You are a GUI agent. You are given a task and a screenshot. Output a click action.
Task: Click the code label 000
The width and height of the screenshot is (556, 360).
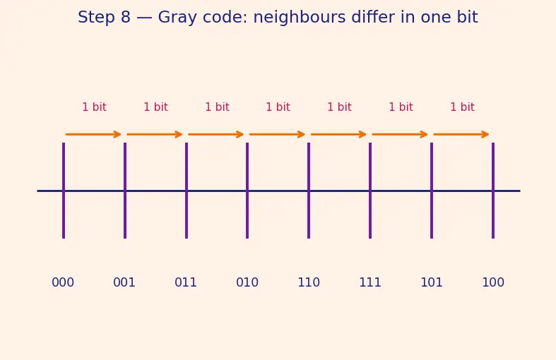tap(63, 282)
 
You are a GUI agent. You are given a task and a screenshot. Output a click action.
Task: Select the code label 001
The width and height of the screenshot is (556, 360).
tap(124, 282)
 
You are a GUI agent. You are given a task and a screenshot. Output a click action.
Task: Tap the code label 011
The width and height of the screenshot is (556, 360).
tap(186, 282)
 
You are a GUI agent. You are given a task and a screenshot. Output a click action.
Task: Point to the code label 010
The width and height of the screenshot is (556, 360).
tap(247, 282)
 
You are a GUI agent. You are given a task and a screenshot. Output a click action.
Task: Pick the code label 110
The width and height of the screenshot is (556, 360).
tap(309, 282)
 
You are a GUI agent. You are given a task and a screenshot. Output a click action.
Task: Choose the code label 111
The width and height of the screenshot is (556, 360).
tap(369, 282)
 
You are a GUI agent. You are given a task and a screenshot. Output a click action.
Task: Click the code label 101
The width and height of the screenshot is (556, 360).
tap(431, 282)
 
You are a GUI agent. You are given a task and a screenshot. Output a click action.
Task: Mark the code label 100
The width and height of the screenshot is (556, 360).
tap(493, 282)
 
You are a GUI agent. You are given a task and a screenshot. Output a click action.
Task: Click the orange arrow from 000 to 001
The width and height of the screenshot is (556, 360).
tap(93, 134)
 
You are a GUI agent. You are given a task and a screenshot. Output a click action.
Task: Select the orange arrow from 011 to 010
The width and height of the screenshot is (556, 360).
tap(215, 134)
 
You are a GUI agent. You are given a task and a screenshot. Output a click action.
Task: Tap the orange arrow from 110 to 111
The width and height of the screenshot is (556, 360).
tap(338, 134)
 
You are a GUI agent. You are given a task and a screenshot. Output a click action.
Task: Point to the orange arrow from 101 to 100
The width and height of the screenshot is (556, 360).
tap(461, 134)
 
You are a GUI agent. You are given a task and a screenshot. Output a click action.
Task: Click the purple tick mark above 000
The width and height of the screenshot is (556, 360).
tap(64, 191)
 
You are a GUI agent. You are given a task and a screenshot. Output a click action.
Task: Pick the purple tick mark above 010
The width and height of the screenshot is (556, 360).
tap(247, 191)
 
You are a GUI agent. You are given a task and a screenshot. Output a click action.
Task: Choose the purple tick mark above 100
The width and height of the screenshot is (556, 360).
tap(493, 191)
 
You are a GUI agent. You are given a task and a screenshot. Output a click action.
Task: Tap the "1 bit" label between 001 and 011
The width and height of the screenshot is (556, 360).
tap(155, 107)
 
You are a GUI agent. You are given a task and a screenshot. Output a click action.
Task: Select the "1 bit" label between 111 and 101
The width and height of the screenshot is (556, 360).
tap(401, 107)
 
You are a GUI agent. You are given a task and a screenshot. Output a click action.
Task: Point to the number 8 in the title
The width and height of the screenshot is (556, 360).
tap(126, 18)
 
